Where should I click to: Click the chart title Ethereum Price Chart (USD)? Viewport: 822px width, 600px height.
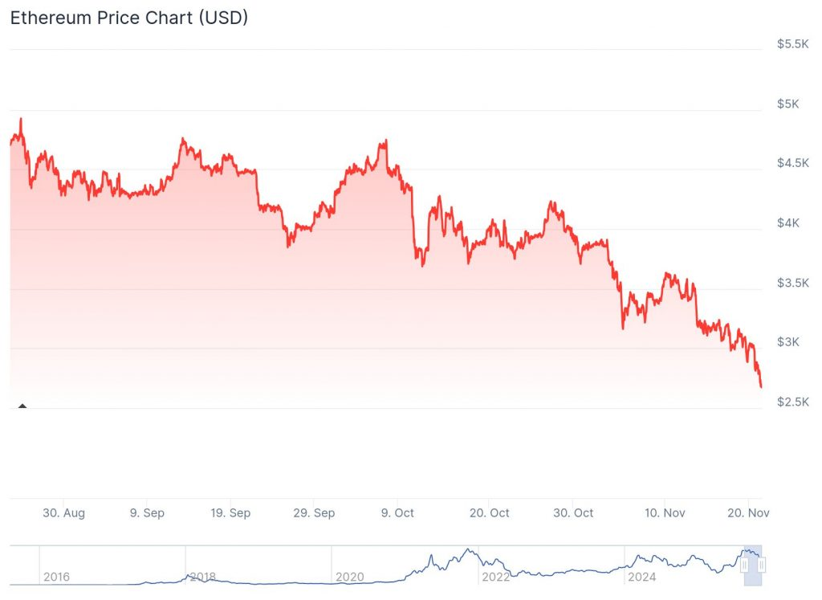[x=128, y=18]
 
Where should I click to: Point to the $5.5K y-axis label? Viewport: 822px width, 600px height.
[x=792, y=44]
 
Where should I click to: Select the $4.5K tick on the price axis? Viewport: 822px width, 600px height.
[x=792, y=163]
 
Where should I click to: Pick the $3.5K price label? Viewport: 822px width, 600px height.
[x=792, y=283]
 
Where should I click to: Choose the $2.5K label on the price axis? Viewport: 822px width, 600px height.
[x=792, y=402]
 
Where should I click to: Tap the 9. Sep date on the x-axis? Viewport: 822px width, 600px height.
[x=146, y=512]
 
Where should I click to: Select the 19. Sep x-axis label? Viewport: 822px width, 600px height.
[x=230, y=512]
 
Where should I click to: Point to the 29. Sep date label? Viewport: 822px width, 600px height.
[x=314, y=512]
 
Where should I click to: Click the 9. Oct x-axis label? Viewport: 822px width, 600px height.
[x=397, y=512]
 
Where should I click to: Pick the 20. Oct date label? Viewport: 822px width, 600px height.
[x=489, y=512]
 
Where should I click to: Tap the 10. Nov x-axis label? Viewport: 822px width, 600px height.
[x=665, y=512]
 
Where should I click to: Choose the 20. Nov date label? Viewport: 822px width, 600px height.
[x=748, y=512]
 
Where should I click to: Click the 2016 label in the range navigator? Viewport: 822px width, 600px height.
[x=56, y=577]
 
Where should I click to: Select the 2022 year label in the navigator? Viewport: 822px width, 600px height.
[x=495, y=577]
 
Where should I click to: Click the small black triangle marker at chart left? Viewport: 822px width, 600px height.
[x=22, y=406]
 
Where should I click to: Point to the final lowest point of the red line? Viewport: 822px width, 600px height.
[x=761, y=387]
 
